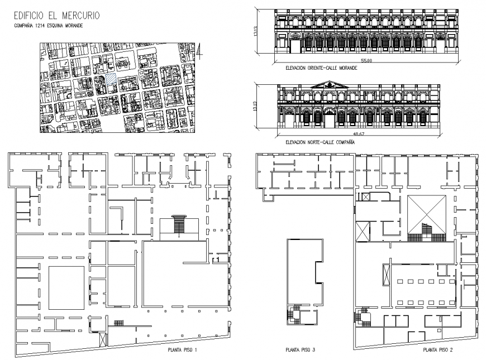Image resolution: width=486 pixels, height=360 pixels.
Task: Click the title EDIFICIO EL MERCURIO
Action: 57,16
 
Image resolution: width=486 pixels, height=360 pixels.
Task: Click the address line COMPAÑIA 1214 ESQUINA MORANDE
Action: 49,26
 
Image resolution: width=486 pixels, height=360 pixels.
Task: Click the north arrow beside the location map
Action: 200,51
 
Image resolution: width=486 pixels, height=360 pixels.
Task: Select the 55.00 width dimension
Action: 366,61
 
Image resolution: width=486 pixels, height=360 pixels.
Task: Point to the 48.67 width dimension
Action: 359,134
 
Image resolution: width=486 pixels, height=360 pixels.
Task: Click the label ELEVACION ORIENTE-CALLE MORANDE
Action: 321,68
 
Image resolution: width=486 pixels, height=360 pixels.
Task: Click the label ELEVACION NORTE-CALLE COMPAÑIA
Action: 320,142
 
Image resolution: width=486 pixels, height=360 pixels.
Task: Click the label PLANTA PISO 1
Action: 182,350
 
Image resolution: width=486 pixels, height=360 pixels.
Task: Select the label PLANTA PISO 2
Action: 437,350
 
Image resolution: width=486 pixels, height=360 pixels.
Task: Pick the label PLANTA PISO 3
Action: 300,350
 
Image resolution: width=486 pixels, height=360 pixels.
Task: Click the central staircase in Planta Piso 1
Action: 179,225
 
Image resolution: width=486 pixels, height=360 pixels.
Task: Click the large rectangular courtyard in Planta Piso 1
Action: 66,288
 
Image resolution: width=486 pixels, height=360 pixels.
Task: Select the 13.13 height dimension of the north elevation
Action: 255,105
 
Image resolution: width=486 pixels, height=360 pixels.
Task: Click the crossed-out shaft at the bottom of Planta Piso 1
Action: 103,339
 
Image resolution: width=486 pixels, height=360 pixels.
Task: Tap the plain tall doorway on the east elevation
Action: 295,46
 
